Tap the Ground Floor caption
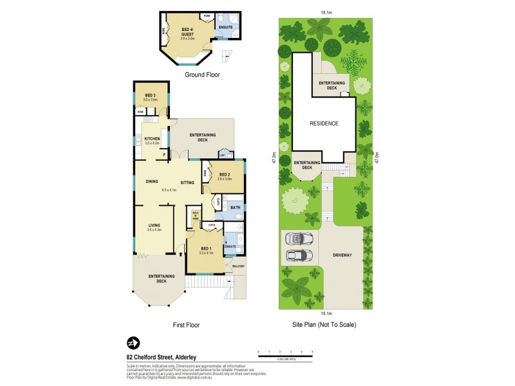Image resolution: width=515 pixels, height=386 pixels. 203,75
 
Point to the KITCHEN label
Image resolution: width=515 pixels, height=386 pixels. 151,140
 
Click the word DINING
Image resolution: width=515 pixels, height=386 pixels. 152,182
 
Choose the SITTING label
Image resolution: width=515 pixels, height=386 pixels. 187,182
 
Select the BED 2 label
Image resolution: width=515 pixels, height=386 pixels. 225,174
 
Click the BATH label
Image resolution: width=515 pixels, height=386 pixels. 235,208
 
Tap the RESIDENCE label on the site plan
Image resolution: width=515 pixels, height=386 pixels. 324,123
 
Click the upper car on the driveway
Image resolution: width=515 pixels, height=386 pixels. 299,239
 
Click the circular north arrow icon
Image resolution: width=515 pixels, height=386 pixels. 133,342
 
